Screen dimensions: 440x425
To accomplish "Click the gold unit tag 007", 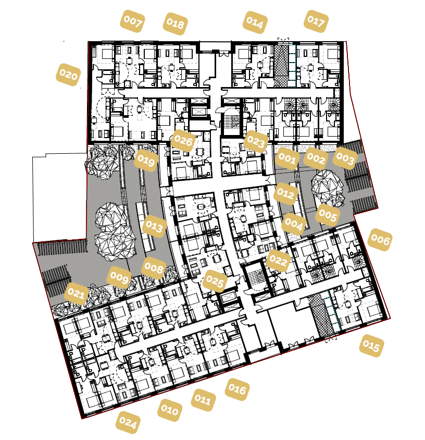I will [132, 22].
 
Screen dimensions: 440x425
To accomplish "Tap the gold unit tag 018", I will [176, 24].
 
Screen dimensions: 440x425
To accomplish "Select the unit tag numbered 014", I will [255, 22].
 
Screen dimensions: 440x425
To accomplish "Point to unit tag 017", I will [316, 21].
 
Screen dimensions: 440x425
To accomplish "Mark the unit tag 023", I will [256, 141].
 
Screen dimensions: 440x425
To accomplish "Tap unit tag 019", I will [146, 161].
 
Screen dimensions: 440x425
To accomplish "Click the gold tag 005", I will [327, 214].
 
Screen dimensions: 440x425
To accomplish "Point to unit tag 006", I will [380, 239].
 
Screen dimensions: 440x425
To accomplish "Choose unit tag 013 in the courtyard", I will [154, 226].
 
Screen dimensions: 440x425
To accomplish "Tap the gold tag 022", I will [278, 261].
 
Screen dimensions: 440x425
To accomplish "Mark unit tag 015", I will [372, 346].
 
